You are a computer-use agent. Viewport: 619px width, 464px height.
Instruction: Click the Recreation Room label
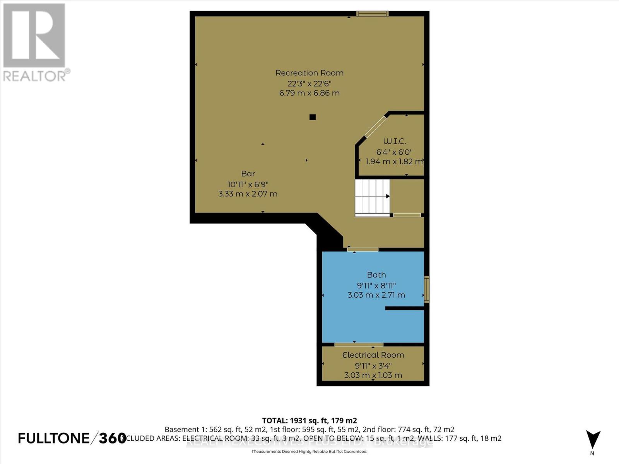tap(309, 73)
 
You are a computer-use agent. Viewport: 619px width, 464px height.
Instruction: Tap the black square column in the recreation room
tap(313, 117)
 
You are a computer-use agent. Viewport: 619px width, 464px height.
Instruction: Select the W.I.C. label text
tap(394, 141)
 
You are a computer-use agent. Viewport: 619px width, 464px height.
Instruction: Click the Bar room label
tap(248, 174)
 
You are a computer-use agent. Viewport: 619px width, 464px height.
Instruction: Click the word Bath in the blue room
tap(376, 275)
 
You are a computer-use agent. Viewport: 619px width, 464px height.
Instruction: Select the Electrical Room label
tap(373, 355)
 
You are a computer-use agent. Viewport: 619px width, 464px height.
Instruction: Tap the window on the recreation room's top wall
tap(372, 14)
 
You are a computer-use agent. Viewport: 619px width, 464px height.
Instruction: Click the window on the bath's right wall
tap(426, 289)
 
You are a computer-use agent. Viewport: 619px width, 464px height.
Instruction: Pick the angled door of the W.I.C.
tap(376, 126)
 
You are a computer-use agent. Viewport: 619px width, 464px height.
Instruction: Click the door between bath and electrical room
tap(359, 344)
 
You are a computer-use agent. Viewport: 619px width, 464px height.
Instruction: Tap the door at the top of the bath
tap(363, 250)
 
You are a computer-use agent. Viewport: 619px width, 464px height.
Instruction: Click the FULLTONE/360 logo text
tap(72, 438)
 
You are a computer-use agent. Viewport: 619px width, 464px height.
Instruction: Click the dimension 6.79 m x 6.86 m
tap(309, 93)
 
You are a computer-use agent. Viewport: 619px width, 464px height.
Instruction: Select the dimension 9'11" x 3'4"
tap(373, 365)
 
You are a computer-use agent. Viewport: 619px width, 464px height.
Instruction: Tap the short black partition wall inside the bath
tap(404, 308)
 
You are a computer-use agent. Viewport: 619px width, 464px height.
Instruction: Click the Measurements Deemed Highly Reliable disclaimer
tap(309, 452)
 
